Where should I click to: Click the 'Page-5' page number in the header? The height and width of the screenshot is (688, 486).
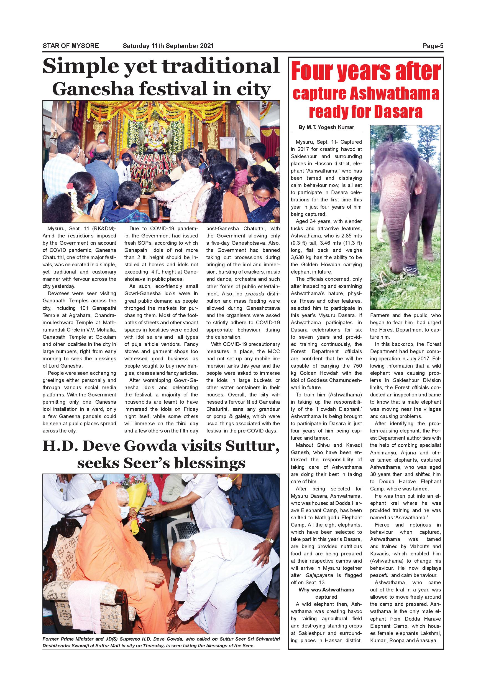point(433,46)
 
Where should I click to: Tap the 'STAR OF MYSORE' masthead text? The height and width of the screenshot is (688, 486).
point(71,46)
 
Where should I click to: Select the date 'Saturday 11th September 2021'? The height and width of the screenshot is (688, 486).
point(168,46)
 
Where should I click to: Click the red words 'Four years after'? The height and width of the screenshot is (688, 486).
point(366,72)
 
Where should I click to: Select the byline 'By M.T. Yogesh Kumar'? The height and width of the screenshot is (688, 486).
point(326,127)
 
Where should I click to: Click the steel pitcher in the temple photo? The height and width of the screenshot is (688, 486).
point(154,208)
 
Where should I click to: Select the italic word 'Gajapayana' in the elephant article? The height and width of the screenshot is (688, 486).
point(319,575)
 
